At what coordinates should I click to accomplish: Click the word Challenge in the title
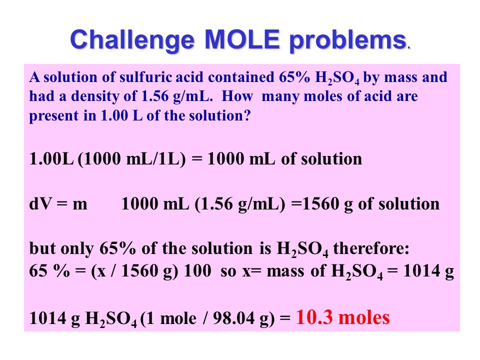132,40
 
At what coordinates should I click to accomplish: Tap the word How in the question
237,96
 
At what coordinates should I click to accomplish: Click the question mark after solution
247,115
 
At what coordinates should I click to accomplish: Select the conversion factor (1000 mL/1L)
131,159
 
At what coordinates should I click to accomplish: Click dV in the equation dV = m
40,204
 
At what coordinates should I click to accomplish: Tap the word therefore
371,248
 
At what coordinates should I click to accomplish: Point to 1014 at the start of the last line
47,318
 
